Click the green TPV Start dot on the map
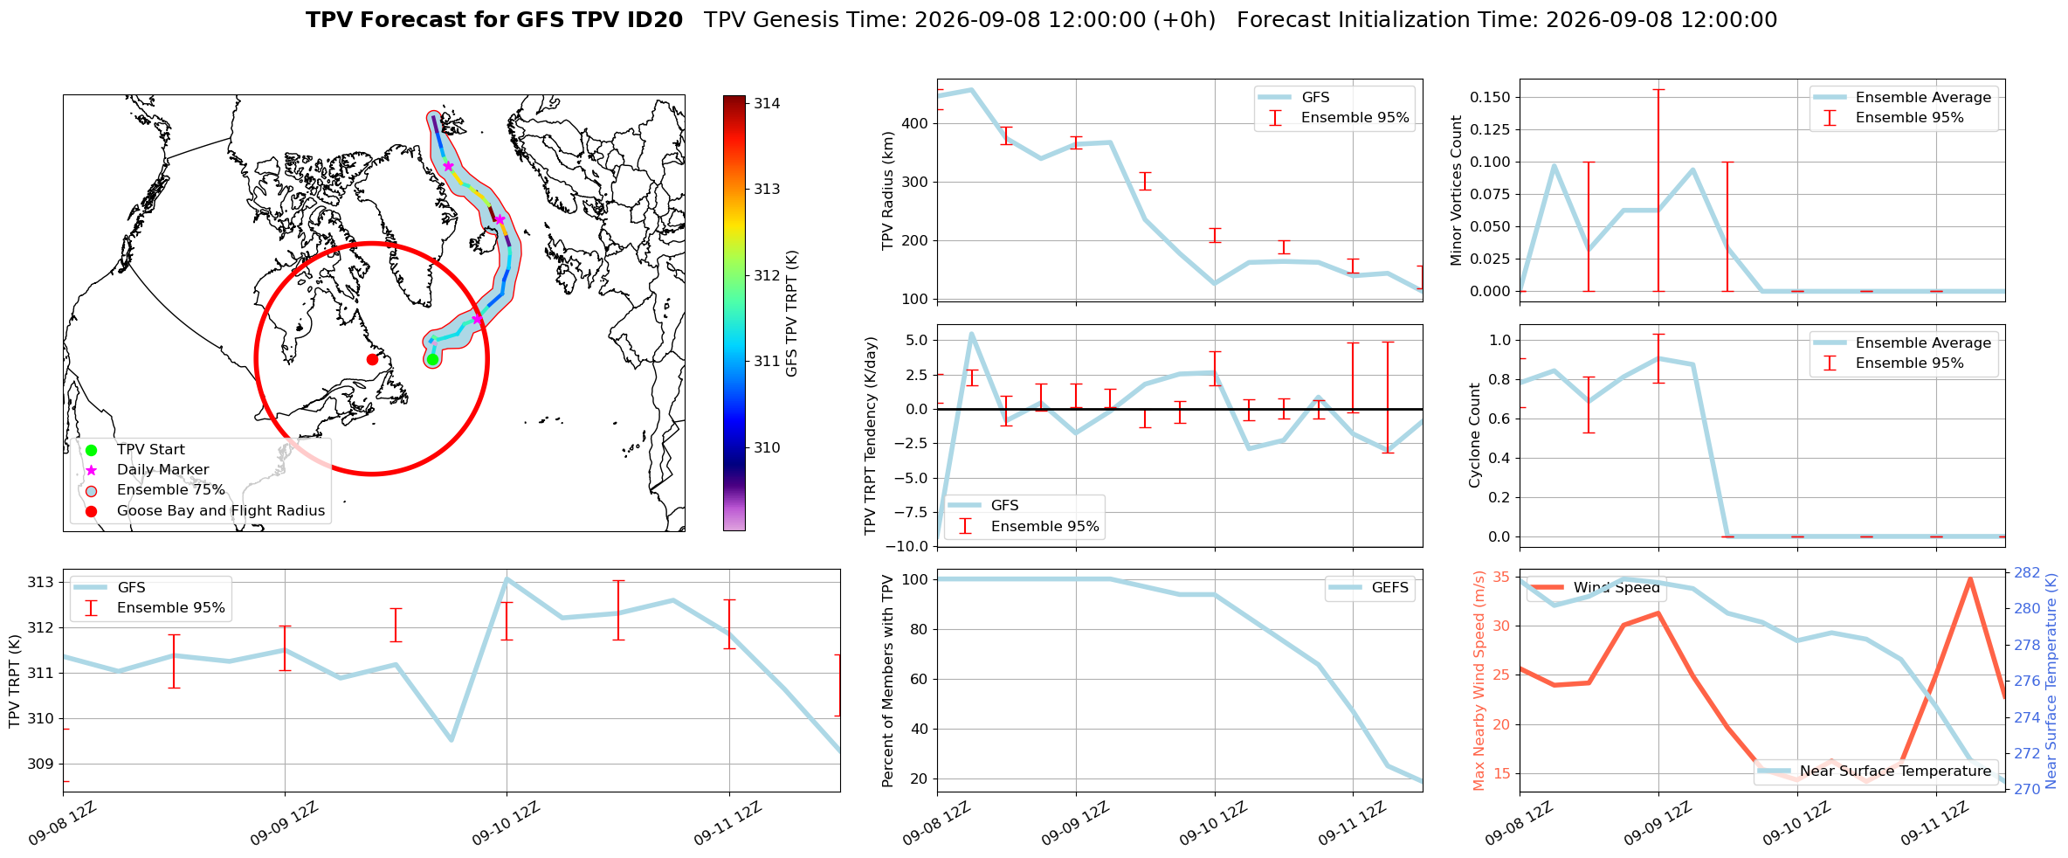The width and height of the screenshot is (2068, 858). coord(432,359)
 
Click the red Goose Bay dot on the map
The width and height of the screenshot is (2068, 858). coord(372,359)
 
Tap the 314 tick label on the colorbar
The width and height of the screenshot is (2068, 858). coord(767,103)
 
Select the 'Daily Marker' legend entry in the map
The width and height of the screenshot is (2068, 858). coord(162,470)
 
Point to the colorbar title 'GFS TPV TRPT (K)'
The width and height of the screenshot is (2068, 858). coord(791,314)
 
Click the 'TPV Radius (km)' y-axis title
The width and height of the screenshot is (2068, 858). coord(888,190)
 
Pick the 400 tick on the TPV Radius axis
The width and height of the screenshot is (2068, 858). coord(915,123)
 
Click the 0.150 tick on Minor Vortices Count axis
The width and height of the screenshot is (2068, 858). coord(1490,97)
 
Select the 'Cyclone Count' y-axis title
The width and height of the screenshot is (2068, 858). coord(1475,435)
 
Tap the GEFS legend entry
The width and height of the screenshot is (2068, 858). coord(1368,588)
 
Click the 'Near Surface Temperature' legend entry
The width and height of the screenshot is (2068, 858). coord(1878,771)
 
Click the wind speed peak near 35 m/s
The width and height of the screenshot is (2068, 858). coord(1970,578)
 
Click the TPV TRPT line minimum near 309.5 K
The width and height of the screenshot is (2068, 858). coord(452,740)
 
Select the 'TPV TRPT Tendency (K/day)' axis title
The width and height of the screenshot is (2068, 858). coord(870,436)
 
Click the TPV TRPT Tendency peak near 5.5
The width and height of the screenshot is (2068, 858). coord(971,334)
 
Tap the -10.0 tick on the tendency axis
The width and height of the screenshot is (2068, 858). coord(910,547)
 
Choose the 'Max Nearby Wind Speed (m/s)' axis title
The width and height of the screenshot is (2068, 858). coord(1479,681)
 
